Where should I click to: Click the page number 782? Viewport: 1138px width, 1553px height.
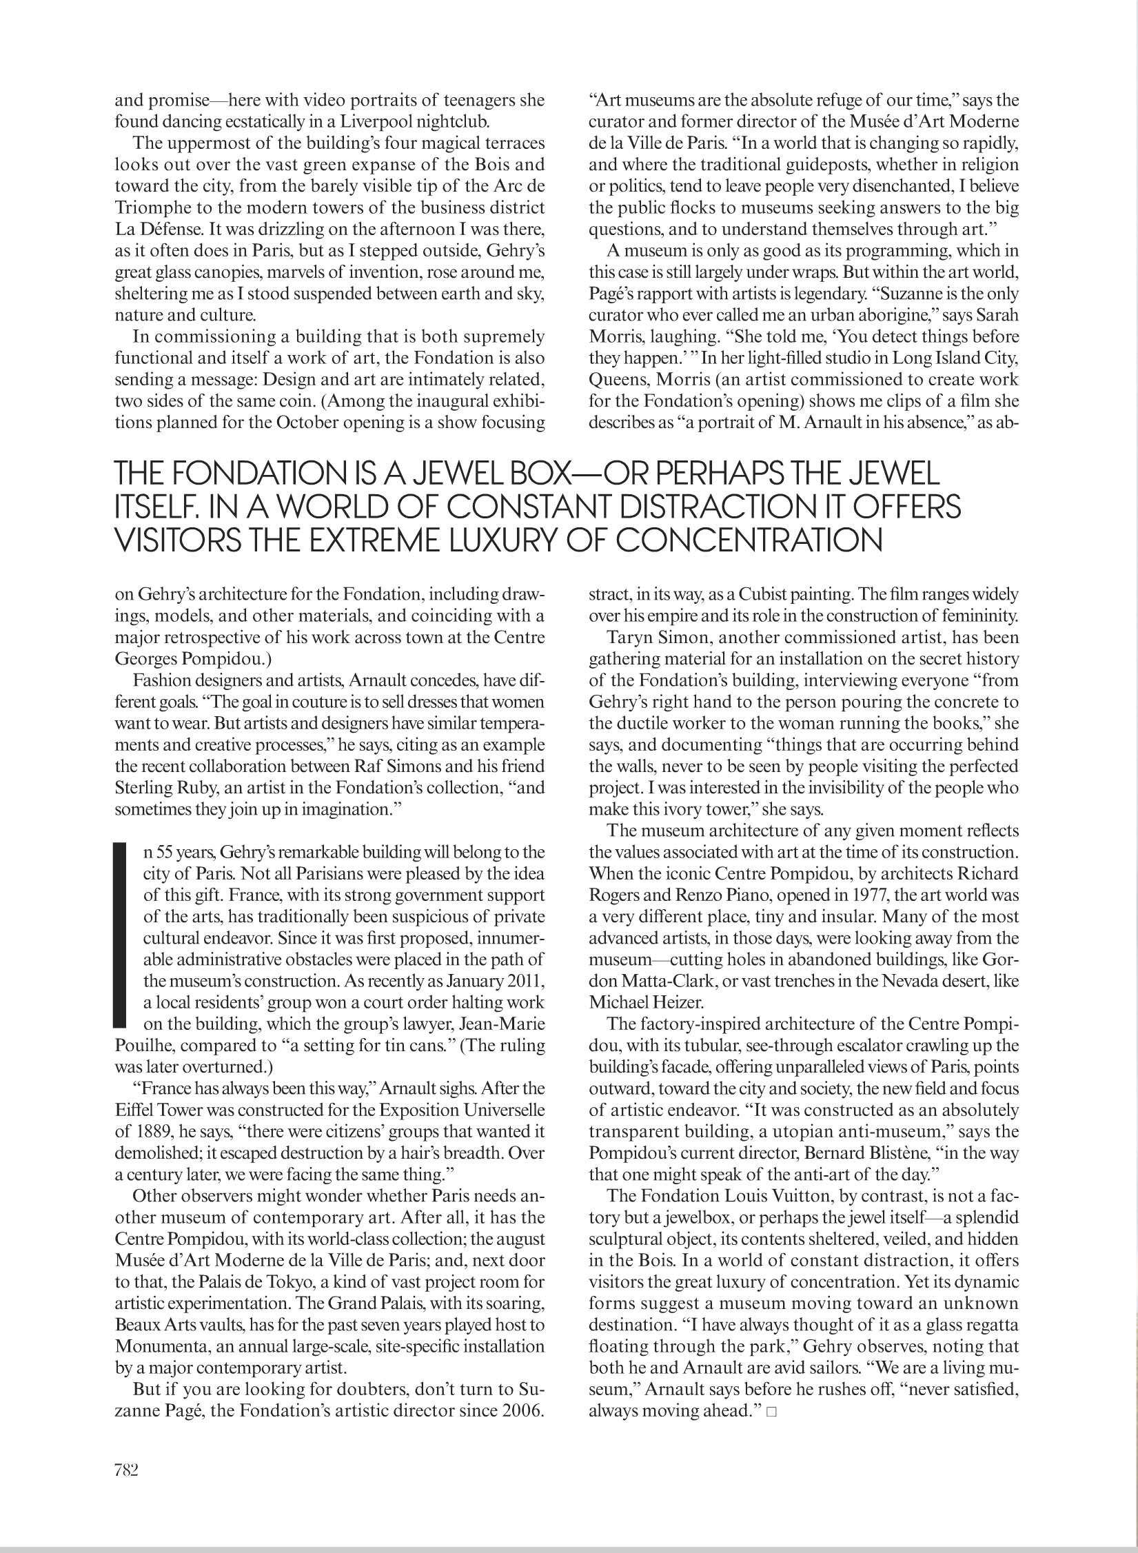pos(127,1470)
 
